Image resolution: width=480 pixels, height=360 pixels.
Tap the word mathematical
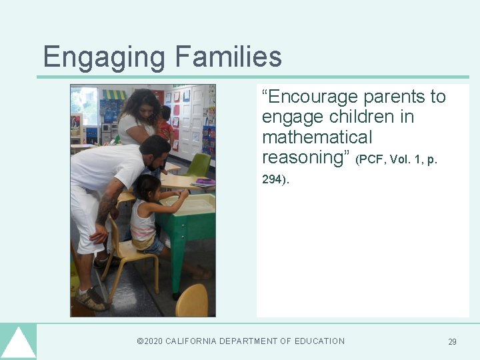[x=317, y=137]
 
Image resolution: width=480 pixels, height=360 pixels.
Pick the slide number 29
[x=452, y=342]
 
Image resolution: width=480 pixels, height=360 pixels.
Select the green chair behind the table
[x=199, y=165]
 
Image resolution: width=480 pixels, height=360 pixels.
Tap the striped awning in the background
[x=114, y=95]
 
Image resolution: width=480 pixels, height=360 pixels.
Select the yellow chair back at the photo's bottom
[x=192, y=301]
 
